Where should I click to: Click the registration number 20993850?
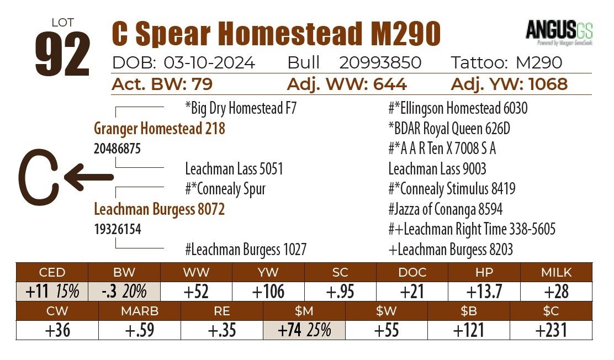(380, 63)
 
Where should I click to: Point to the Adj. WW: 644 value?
(347, 84)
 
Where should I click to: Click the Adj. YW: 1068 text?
(509, 84)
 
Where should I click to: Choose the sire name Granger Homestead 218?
(160, 129)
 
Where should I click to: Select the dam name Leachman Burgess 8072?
(160, 210)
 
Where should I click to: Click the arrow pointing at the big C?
(88, 177)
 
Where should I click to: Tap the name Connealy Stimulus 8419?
(452, 189)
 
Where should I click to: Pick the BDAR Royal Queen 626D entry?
(449, 129)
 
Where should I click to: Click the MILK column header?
(556, 272)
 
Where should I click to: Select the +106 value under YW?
(268, 292)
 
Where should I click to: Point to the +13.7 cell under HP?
(484, 292)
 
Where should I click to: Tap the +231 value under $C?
(551, 330)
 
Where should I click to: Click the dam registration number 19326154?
(118, 229)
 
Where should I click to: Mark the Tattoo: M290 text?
(506, 63)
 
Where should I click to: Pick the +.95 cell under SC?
(340, 292)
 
